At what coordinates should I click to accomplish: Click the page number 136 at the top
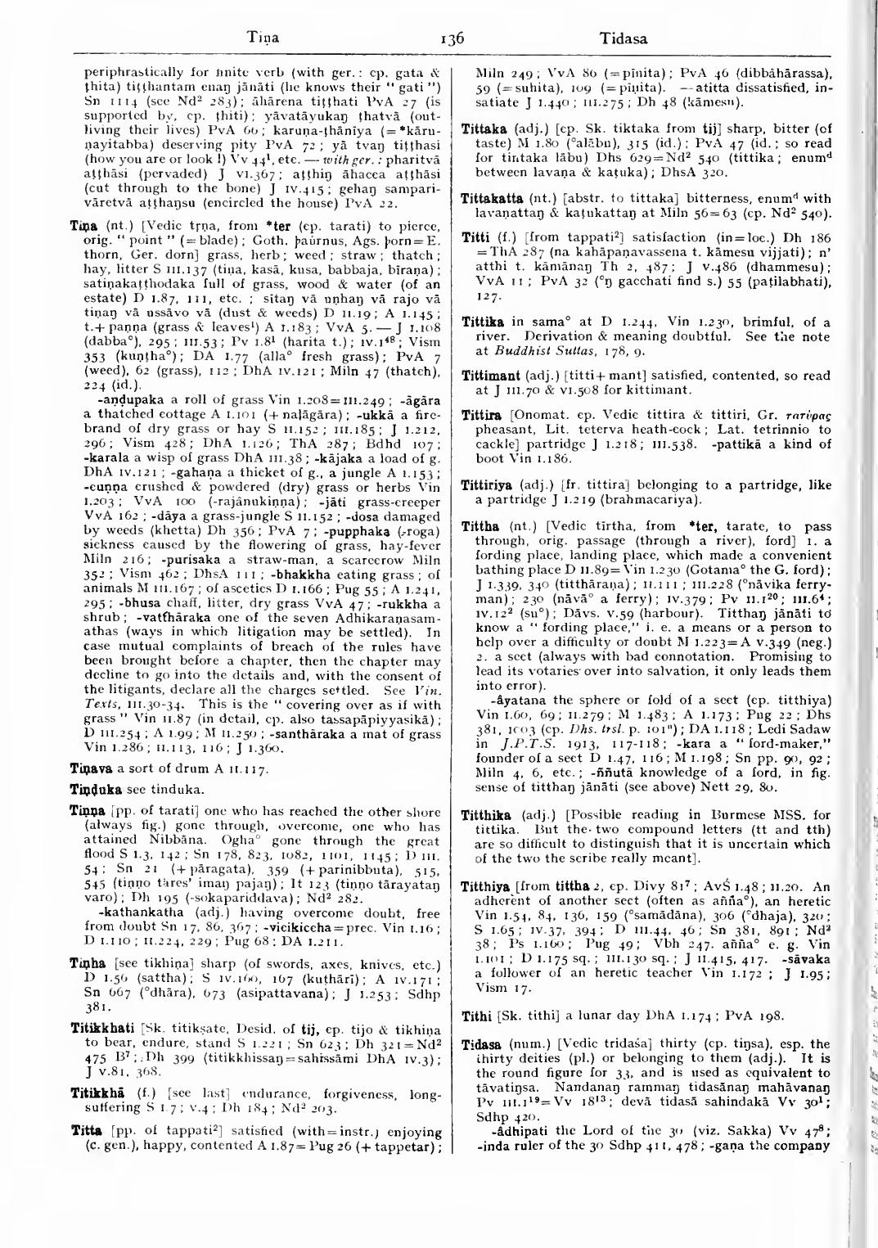(451, 38)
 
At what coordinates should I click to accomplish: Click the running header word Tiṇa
(264, 38)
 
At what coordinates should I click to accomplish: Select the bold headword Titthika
(486, 814)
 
